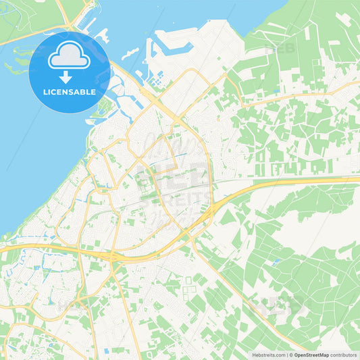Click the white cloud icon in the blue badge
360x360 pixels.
pos(69,55)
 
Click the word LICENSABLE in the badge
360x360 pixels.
pos(69,91)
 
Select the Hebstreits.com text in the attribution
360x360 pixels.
pos(268,355)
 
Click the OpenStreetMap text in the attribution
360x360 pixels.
pos(311,355)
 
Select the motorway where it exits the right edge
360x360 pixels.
pos(355,179)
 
